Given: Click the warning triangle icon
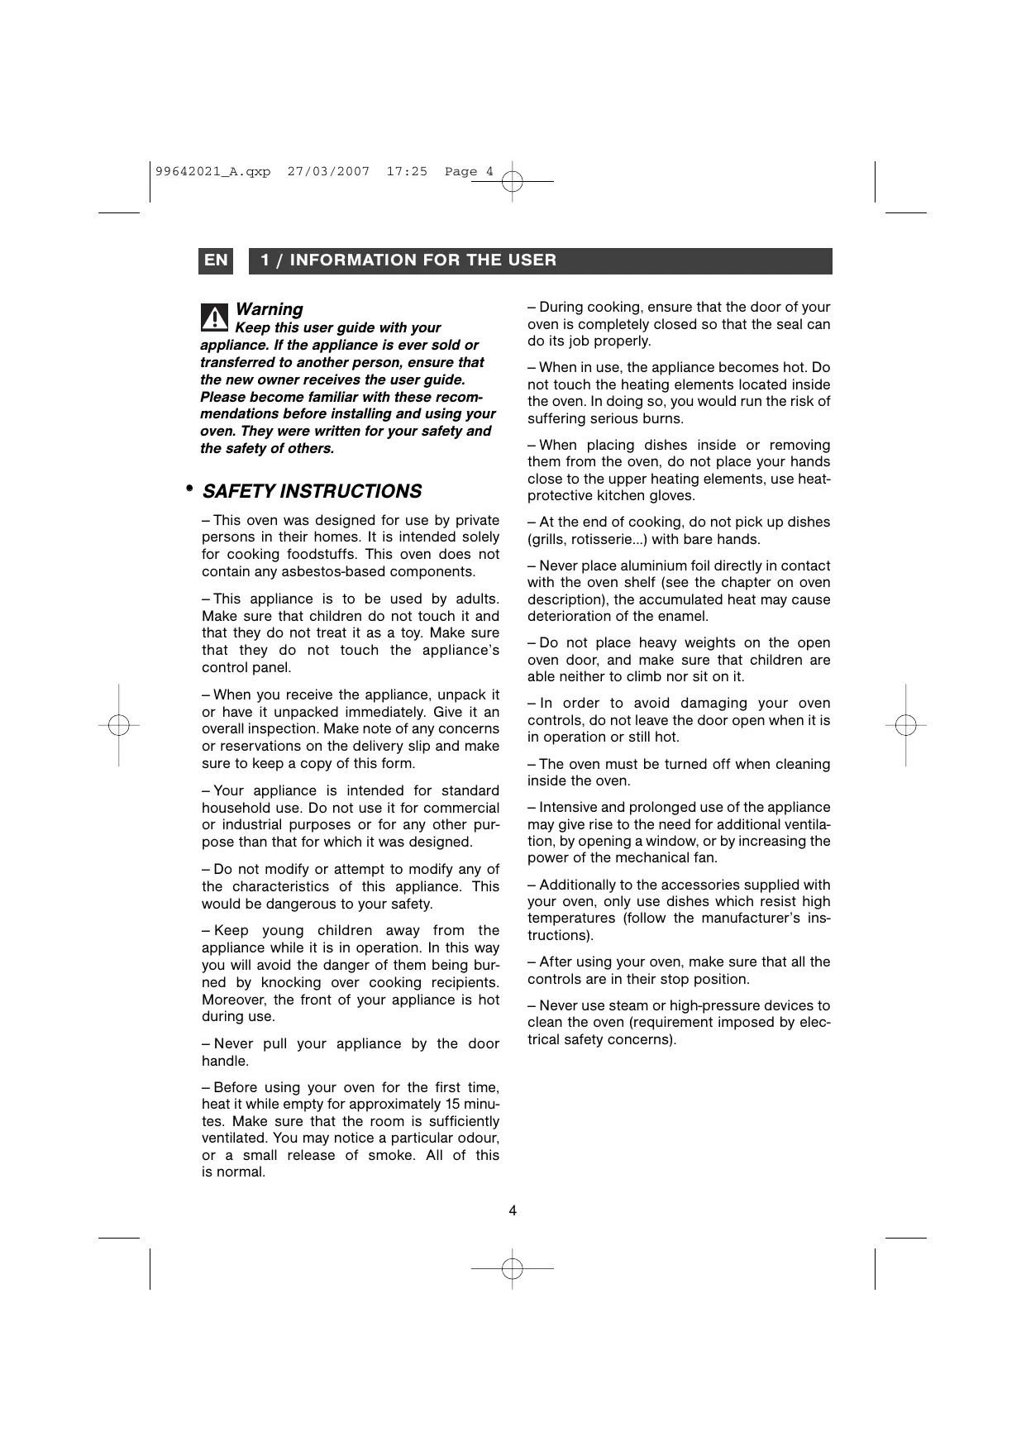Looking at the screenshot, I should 214,317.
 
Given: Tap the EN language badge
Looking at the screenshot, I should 216,260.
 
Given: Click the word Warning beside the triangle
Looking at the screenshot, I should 269,309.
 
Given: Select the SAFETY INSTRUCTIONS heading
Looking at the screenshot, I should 312,491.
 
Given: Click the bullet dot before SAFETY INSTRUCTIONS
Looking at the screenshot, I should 189,489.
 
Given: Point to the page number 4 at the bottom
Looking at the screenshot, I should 513,1211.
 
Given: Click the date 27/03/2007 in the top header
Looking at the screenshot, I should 328,172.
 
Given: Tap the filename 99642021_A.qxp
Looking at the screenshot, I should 212,172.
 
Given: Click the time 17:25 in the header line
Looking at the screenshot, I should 407,172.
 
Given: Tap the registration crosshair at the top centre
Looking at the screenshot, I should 513,180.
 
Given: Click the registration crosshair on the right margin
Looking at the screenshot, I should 906,725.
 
